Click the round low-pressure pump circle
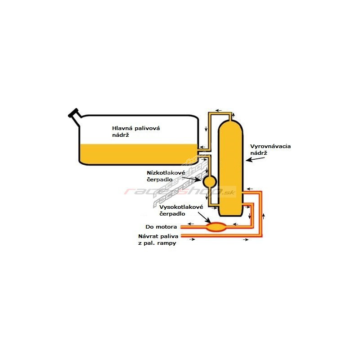click(x=210, y=181)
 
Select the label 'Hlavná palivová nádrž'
click(x=136, y=132)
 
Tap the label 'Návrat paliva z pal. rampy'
click(x=159, y=239)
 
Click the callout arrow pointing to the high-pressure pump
click(x=204, y=217)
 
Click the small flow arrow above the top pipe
click(x=218, y=109)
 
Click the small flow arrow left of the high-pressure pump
click(x=191, y=224)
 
